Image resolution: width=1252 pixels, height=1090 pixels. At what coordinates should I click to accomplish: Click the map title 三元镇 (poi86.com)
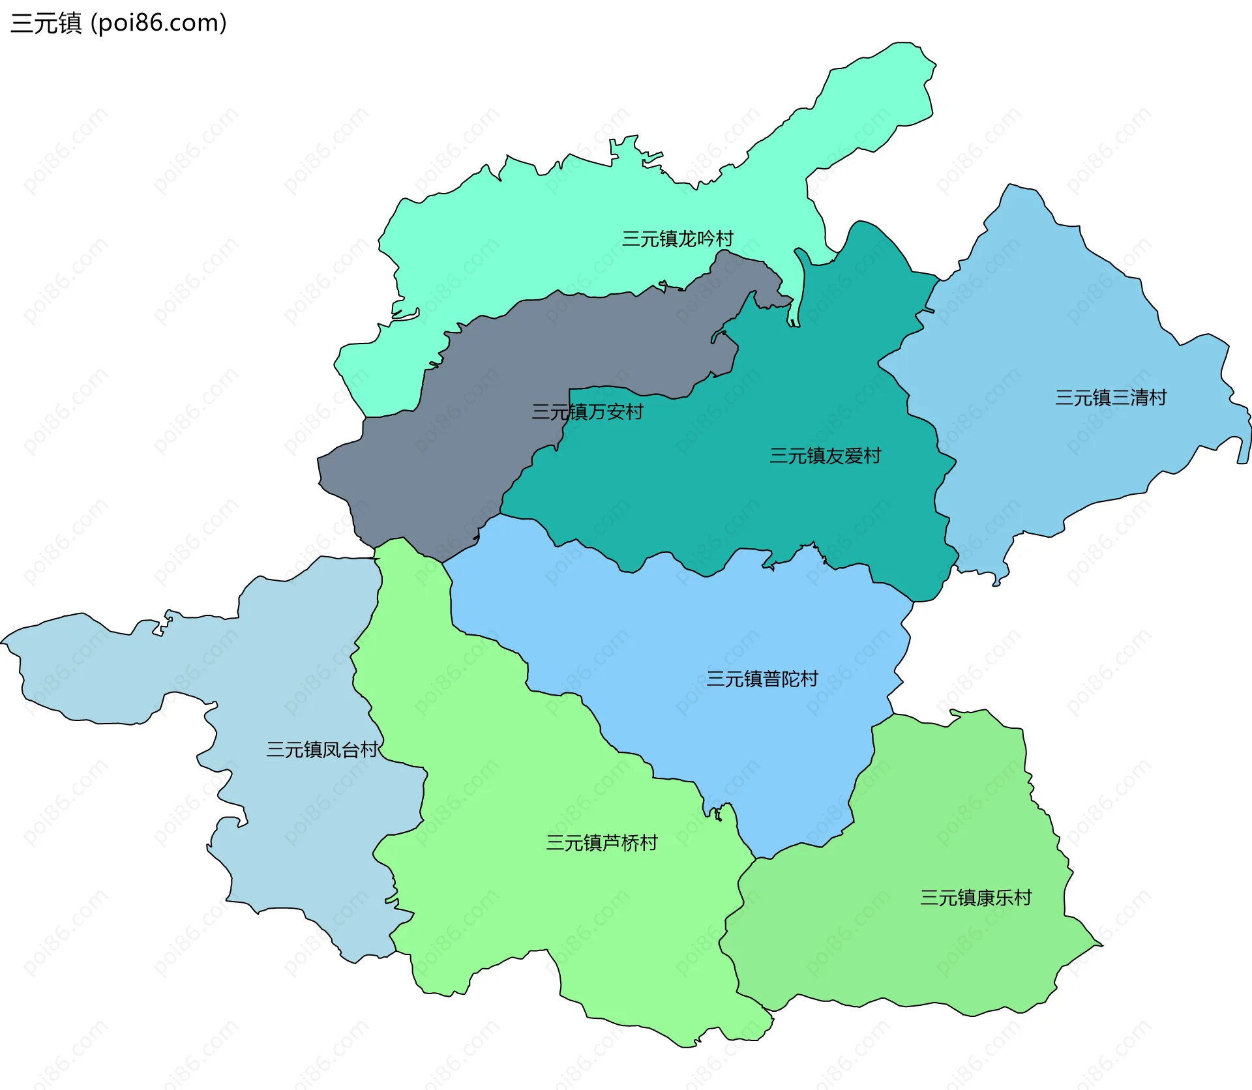point(119,23)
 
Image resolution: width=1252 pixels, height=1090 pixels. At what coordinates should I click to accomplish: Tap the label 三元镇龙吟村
point(678,239)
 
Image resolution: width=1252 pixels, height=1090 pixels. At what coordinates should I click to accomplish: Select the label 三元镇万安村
point(588,412)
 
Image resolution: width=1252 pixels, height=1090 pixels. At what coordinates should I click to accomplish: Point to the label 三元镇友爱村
point(825,456)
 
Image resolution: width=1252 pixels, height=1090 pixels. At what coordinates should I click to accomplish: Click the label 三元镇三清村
point(1110,398)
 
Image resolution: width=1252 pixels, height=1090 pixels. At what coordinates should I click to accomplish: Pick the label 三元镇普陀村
point(762,679)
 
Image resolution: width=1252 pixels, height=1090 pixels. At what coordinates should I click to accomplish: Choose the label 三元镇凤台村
point(322,750)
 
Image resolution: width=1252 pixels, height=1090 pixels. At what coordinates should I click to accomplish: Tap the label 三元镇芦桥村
point(602,844)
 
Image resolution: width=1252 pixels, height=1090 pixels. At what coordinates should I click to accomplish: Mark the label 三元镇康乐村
point(976,898)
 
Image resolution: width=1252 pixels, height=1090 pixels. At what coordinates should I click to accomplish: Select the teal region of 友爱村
point(750,508)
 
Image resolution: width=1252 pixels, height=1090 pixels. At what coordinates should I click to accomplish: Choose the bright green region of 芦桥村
point(554,913)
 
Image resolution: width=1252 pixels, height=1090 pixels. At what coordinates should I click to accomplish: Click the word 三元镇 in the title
point(46,23)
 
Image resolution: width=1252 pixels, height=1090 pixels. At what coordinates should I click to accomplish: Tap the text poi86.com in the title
point(158,23)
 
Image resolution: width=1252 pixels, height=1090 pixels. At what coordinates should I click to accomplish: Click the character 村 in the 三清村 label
point(1157,398)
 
